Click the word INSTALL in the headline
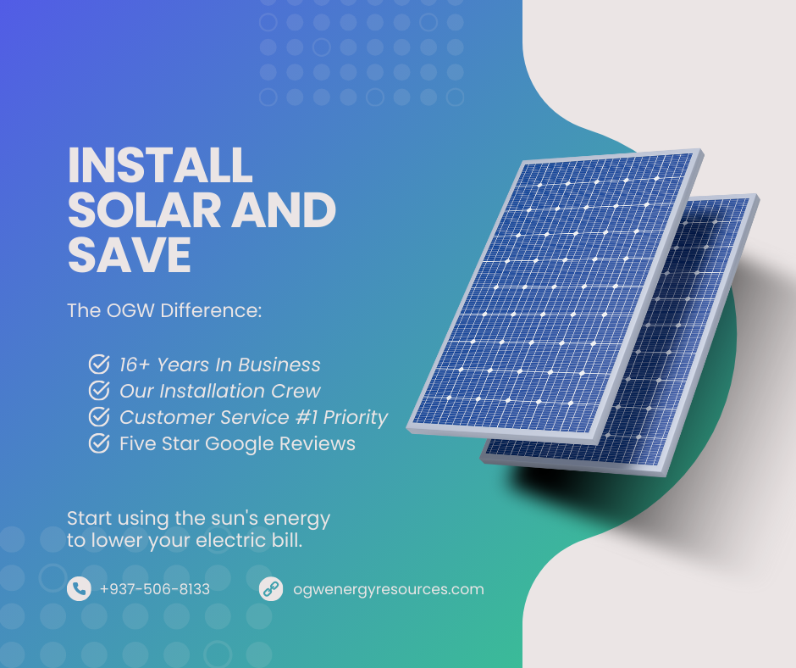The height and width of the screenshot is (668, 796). click(160, 165)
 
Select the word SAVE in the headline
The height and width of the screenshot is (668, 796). click(130, 255)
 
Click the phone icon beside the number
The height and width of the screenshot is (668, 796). click(79, 589)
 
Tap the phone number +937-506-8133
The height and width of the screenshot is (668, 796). click(154, 589)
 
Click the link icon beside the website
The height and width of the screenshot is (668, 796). click(271, 589)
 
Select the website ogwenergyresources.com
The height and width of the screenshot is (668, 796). click(388, 589)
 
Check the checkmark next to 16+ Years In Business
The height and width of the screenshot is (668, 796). click(99, 365)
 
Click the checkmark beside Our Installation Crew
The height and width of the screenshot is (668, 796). click(99, 392)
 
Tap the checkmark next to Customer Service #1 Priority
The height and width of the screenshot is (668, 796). click(99, 417)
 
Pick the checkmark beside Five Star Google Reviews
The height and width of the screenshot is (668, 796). click(99, 443)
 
